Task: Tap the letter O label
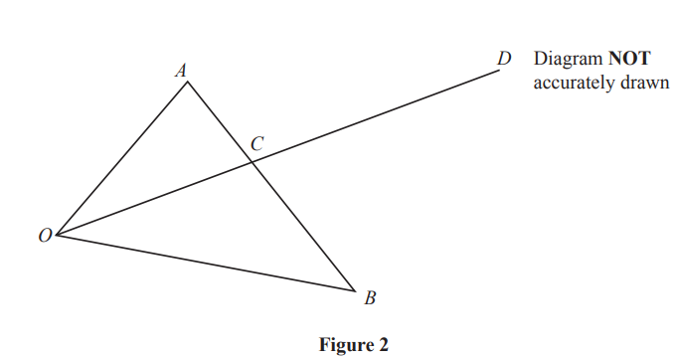[x=45, y=237]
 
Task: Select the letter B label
[x=370, y=297]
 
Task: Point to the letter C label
[x=256, y=143]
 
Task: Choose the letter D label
[x=505, y=60]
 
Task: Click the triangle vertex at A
[x=188, y=82]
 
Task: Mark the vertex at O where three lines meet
[x=57, y=236]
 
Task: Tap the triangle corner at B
[x=355, y=291]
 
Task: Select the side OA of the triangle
[x=122, y=159]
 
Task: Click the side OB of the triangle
[x=206, y=264]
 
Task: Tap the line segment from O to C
[x=152, y=200]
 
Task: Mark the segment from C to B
[x=301, y=228]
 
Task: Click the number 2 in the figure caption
[x=383, y=345]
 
